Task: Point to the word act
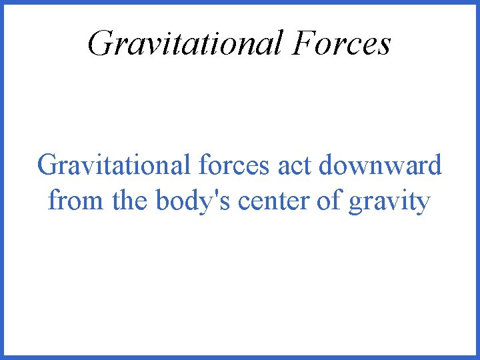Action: click(x=294, y=165)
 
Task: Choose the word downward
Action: click(x=380, y=165)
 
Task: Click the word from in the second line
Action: click(x=77, y=200)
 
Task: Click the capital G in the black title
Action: click(x=99, y=43)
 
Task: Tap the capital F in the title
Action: click(x=302, y=43)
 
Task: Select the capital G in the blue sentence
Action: click(x=48, y=165)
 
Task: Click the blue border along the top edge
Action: click(x=240, y=2)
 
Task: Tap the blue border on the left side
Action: click(x=2, y=180)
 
